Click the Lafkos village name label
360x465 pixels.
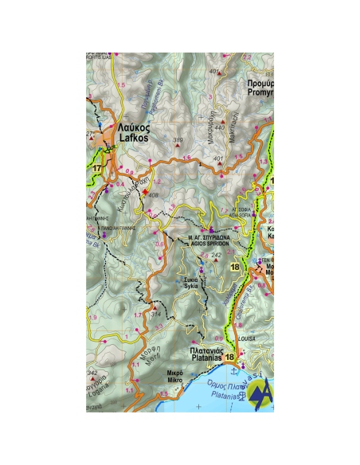pyautogui.click(x=134, y=132)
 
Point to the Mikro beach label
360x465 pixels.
pyautogui.click(x=175, y=377)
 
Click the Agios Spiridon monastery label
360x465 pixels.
pyautogui.click(x=209, y=240)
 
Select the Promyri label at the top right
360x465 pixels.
pyautogui.click(x=260, y=88)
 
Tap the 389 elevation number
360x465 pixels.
pyautogui.click(x=178, y=141)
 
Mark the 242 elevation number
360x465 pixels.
pyautogui.click(x=216, y=254)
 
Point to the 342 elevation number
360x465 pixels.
pyautogui.click(x=92, y=372)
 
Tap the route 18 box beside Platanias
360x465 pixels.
pyautogui.click(x=230, y=358)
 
